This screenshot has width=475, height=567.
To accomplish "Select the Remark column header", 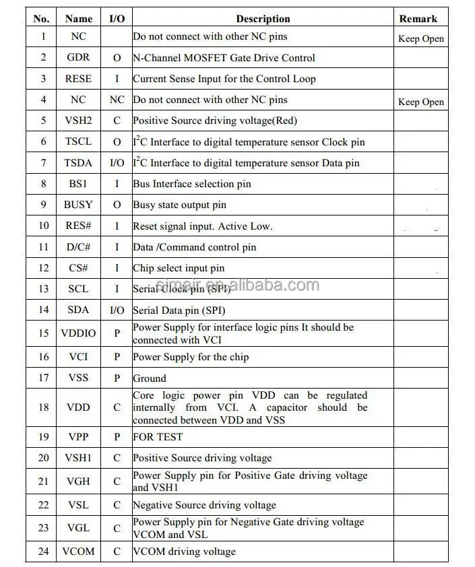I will click(418, 19).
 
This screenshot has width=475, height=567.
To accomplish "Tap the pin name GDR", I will click(78, 58).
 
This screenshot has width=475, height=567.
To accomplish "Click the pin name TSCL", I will click(78, 141).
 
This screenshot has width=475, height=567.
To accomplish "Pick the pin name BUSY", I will click(78, 205).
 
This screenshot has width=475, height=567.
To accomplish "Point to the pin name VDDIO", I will click(78, 333).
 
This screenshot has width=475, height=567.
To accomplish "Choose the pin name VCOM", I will click(78, 552).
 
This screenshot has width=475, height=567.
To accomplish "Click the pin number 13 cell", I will click(44, 289).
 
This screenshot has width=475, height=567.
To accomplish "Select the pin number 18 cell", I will click(44, 407).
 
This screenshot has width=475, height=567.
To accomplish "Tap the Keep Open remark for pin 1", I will click(421, 38).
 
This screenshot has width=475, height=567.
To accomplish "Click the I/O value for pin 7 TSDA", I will click(117, 163).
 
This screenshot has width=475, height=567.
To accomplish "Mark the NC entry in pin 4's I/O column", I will click(117, 100).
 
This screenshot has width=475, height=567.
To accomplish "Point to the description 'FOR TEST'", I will click(158, 437).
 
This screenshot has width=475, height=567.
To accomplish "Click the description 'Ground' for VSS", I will click(149, 378).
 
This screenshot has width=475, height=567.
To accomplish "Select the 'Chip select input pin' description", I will click(179, 268).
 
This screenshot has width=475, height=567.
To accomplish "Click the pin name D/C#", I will click(78, 247).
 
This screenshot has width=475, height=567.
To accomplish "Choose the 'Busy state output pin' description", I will click(179, 205).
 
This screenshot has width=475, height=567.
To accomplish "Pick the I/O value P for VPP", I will click(117, 437).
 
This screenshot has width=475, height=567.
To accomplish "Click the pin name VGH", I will click(78, 481).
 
